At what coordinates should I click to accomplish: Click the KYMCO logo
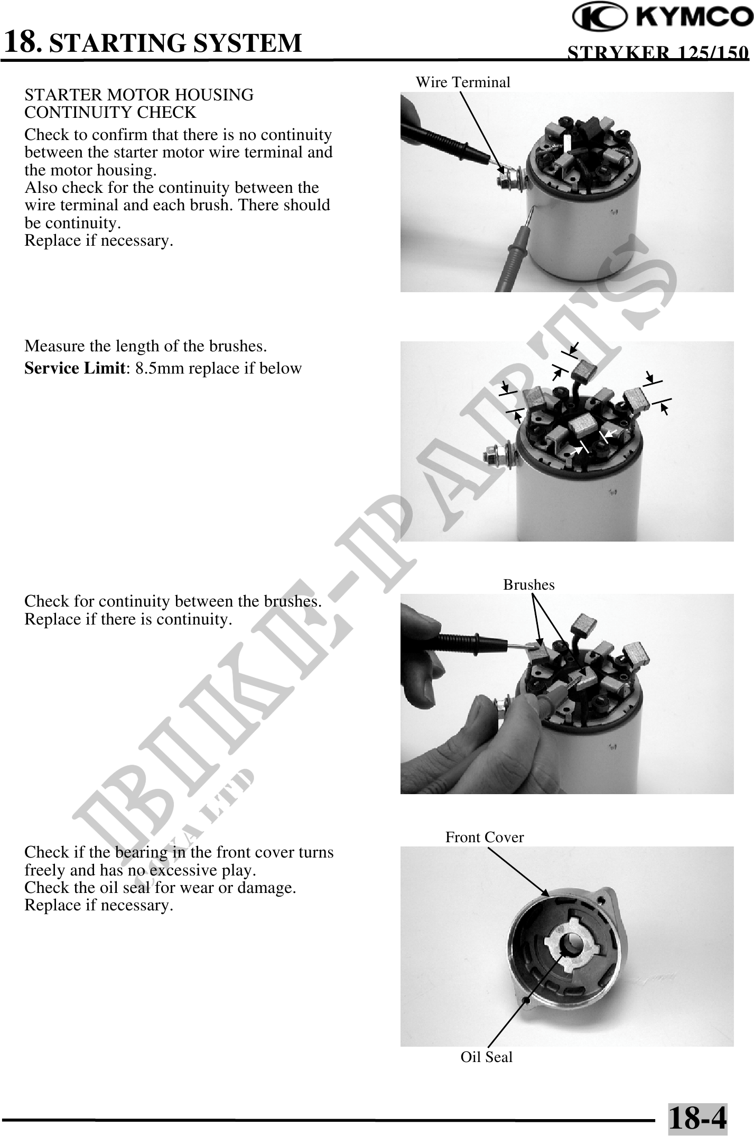click(663, 19)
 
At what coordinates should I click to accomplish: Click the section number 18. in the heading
click(22, 42)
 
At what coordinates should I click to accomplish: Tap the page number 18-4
click(697, 1119)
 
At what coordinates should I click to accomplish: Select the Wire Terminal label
click(463, 82)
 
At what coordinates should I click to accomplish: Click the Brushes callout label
click(529, 584)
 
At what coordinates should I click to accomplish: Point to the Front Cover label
click(485, 837)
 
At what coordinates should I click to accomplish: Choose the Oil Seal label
click(487, 1057)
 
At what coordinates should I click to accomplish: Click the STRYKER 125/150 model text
click(658, 53)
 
